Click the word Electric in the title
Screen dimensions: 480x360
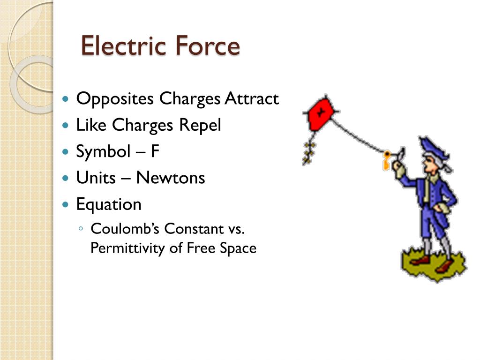coord(123,46)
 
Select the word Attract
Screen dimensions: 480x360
coord(252,99)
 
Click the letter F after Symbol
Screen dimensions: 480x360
coord(155,152)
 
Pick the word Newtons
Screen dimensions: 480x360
coord(171,178)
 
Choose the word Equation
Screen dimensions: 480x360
coord(109,205)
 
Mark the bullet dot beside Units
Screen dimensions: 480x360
coord(67,179)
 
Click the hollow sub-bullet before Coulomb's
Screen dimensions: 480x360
coord(82,229)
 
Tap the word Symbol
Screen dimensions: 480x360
coord(103,152)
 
